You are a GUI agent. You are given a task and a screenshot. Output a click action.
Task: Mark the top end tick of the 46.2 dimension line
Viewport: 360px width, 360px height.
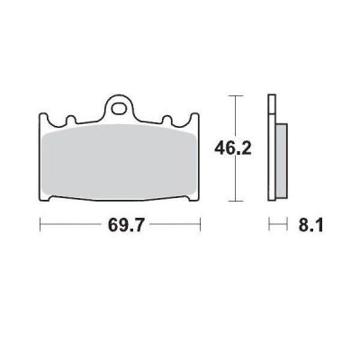235,94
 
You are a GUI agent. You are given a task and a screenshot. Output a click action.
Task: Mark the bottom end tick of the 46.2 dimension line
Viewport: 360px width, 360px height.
235,199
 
